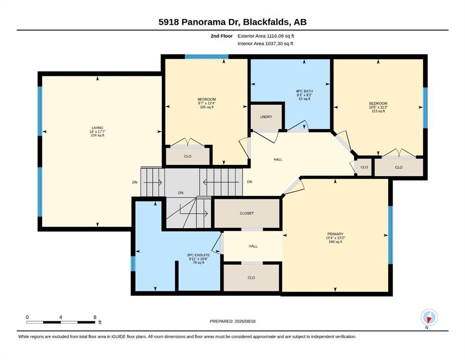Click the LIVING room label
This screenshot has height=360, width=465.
97,127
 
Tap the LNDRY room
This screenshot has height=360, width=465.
266,117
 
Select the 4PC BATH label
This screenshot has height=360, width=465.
304,91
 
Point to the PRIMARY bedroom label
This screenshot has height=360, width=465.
335,234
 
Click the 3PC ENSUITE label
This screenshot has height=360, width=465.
198,255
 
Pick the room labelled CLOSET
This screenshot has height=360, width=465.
247,213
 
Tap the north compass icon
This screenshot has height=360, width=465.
429,318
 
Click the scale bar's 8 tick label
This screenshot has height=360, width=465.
95,317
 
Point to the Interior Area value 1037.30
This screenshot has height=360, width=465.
274,43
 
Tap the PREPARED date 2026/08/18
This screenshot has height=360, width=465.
245,321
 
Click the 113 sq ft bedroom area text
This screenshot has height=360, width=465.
378,111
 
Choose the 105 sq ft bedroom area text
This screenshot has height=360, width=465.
207,107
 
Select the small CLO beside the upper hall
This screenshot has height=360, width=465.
364,167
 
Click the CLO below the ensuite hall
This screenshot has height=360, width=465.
251,278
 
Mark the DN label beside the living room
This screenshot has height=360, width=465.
135,182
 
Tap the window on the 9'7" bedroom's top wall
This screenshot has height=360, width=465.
207,57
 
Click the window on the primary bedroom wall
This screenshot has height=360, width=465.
391,235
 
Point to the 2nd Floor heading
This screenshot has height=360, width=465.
221,36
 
